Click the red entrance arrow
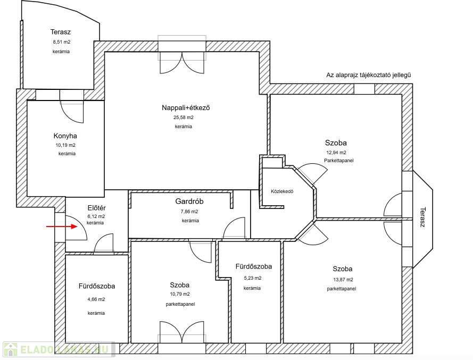pyautogui.click(x=62, y=226)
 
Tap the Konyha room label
pyautogui.click(x=65, y=136)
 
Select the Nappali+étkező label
pyautogui.click(x=186, y=107)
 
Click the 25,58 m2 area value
pyautogui.click(x=184, y=118)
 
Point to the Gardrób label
pyautogui.click(x=189, y=201)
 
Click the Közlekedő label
pyautogui.click(x=282, y=191)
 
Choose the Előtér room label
pyautogui.click(x=96, y=208)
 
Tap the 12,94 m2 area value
pyautogui.click(x=336, y=153)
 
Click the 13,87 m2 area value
pyautogui.click(x=343, y=280)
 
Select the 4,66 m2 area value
pyautogui.click(x=96, y=299)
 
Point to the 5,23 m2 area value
pyautogui.click(x=253, y=278)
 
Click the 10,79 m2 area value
pyautogui.click(x=180, y=294)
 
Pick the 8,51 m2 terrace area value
pyautogui.click(x=62, y=42)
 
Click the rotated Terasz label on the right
pyautogui.click(x=422, y=217)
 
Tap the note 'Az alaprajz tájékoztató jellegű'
pyautogui.click(x=369, y=75)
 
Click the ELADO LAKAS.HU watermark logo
pyautogui.click(x=59, y=349)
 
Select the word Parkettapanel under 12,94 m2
pyautogui.click(x=339, y=161)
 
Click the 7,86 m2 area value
pyautogui.click(x=189, y=212)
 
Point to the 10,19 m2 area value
pyautogui.click(x=65, y=145)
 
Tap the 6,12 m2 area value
pyautogui.click(x=96, y=216)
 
